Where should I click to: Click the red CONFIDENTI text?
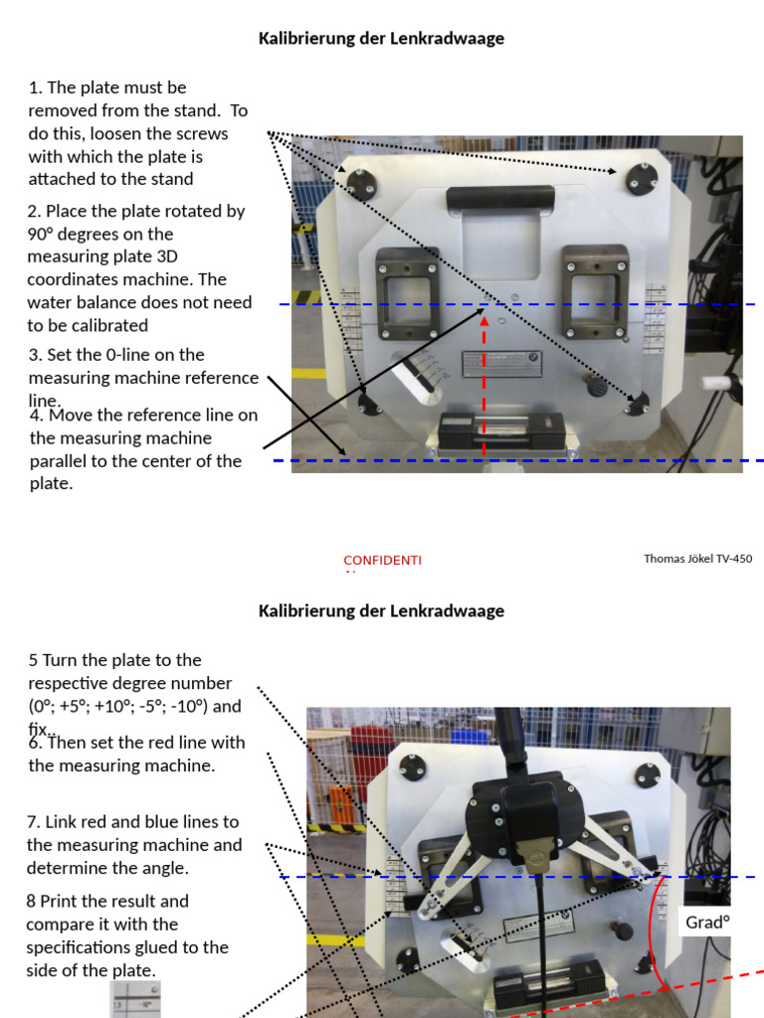click(x=382, y=561)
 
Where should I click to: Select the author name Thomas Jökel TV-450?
click(x=697, y=559)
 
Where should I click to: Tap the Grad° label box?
click(x=707, y=923)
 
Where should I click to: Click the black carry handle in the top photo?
click(x=500, y=198)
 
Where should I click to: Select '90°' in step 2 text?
click(x=45, y=234)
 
